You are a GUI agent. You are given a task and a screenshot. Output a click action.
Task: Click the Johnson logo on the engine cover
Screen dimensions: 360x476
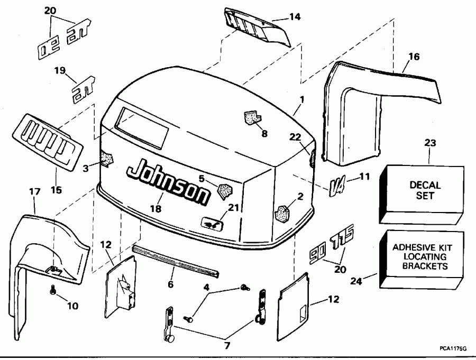pos(169,182)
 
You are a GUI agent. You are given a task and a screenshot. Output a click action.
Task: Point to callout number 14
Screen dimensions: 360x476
pos(295,17)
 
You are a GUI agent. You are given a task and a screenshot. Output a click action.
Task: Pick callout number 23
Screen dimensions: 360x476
pos(428,143)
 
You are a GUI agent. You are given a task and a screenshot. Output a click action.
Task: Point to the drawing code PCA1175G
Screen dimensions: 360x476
pos(453,348)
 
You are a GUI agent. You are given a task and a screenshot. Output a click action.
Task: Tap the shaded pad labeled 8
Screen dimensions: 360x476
pos(252,117)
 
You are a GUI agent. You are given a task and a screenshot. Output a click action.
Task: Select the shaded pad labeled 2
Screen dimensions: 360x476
pos(284,213)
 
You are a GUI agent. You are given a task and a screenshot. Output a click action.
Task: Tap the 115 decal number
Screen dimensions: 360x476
pos(342,236)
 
